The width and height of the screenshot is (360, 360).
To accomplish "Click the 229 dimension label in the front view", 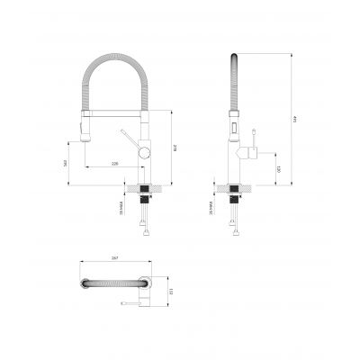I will click(x=114, y=164).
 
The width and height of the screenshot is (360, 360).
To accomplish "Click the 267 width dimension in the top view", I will click(x=115, y=258).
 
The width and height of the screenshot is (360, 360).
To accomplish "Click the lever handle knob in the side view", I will click(x=257, y=150).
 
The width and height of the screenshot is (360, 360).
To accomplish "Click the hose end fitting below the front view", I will click(x=144, y=236).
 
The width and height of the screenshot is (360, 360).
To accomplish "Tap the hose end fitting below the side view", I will click(x=237, y=236).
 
